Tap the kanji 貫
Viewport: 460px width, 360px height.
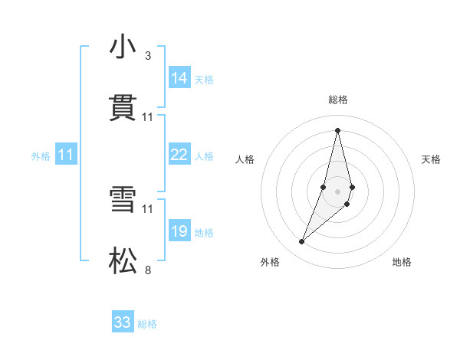point(123,108)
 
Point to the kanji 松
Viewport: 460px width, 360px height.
point(123,262)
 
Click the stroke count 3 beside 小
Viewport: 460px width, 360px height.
point(148,55)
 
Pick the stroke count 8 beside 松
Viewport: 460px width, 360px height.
point(148,270)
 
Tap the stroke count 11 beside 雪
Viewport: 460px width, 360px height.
point(148,208)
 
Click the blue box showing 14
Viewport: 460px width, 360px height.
point(179,78)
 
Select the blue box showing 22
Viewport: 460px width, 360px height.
point(179,155)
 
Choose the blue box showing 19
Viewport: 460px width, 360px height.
point(179,231)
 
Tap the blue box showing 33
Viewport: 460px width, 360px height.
point(123,322)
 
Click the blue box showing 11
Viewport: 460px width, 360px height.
point(66,155)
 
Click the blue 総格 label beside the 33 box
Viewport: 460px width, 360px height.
point(147,324)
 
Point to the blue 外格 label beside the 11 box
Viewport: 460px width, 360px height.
point(41,156)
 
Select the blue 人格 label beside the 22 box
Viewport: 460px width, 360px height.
point(204,156)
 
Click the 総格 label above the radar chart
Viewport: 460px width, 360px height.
point(338,100)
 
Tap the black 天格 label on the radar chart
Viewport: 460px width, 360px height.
point(431,159)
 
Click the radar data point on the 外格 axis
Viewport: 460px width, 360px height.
point(302,242)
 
